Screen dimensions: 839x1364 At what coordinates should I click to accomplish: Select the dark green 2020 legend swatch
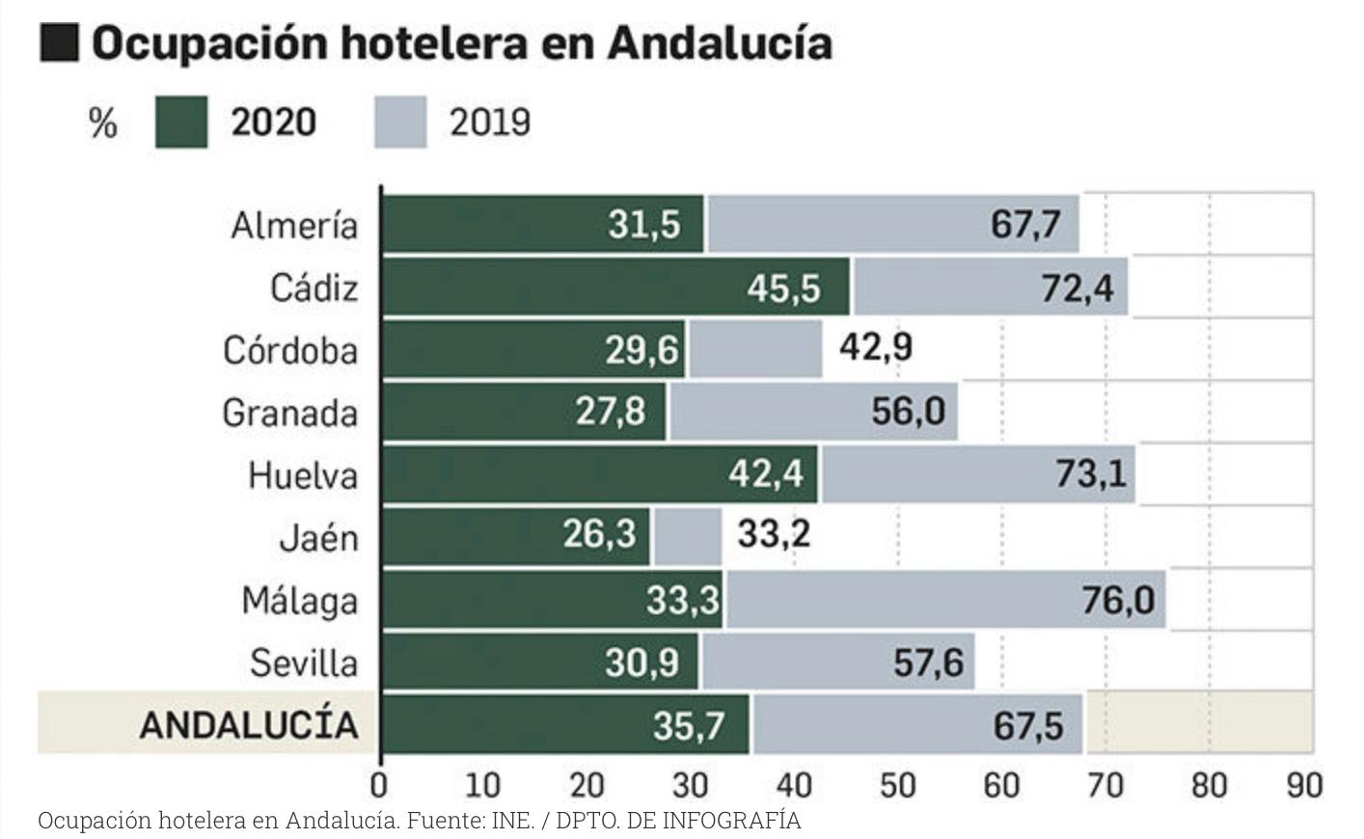coord(181,122)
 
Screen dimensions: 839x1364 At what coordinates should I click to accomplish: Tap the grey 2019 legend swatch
coord(399,122)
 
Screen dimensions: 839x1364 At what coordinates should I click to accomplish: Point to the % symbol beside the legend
coord(102,123)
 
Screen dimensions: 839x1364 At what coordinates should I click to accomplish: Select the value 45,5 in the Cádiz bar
coord(782,287)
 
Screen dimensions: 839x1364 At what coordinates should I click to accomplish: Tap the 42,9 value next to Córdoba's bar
coord(875,347)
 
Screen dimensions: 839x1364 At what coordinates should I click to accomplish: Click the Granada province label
coord(289,413)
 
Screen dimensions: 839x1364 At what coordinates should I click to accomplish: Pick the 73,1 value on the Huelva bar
coord(1090,474)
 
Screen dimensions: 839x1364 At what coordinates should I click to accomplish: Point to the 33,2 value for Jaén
coord(774,533)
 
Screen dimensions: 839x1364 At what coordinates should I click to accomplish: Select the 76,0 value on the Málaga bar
coord(1117,600)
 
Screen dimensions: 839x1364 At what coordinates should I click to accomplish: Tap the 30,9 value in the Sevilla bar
coord(641,663)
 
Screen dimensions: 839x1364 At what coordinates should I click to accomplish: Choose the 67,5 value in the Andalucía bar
coord(1028,725)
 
